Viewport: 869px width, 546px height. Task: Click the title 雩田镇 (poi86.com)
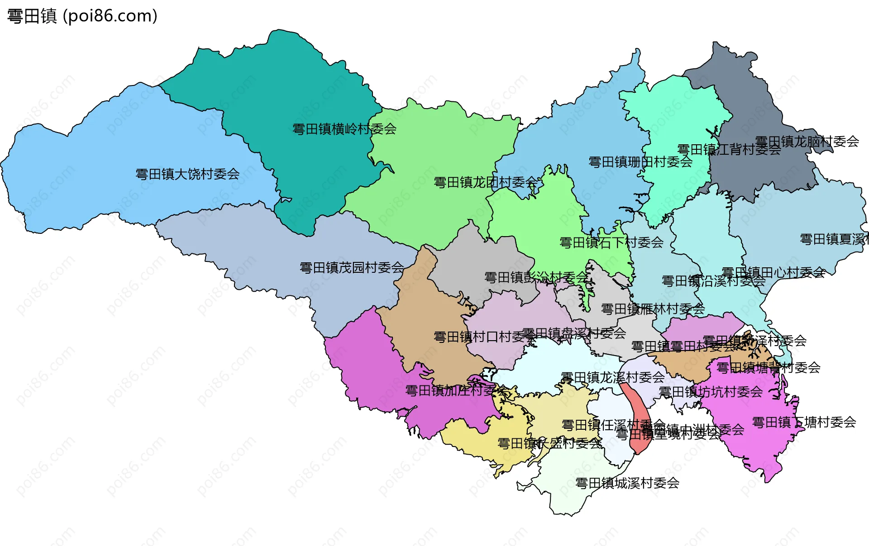pyautogui.click(x=82, y=16)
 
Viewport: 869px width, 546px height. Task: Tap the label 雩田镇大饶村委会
pyautogui.click(x=187, y=174)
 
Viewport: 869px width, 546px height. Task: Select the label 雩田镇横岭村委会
pyautogui.click(x=344, y=129)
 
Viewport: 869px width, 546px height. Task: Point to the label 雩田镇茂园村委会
pyautogui.click(x=352, y=268)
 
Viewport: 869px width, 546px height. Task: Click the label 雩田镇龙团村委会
pyautogui.click(x=486, y=182)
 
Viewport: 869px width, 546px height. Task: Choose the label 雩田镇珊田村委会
pyautogui.click(x=640, y=162)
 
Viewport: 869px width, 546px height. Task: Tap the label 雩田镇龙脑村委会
pyautogui.click(x=807, y=142)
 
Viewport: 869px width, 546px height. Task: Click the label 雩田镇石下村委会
pyautogui.click(x=611, y=243)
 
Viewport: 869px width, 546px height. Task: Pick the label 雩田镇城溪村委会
pyautogui.click(x=627, y=483)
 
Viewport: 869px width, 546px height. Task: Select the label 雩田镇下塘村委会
pyautogui.click(x=804, y=422)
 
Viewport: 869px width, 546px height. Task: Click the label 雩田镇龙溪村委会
pyautogui.click(x=612, y=377)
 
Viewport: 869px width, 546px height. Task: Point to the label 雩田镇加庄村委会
pyautogui.click(x=456, y=390)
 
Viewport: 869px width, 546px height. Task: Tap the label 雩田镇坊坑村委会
pyautogui.click(x=711, y=392)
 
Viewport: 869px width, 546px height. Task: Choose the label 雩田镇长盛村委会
pyautogui.click(x=549, y=443)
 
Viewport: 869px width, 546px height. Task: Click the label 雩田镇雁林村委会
pyautogui.click(x=653, y=309)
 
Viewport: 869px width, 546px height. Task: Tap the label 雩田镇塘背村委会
pyautogui.click(x=768, y=367)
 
